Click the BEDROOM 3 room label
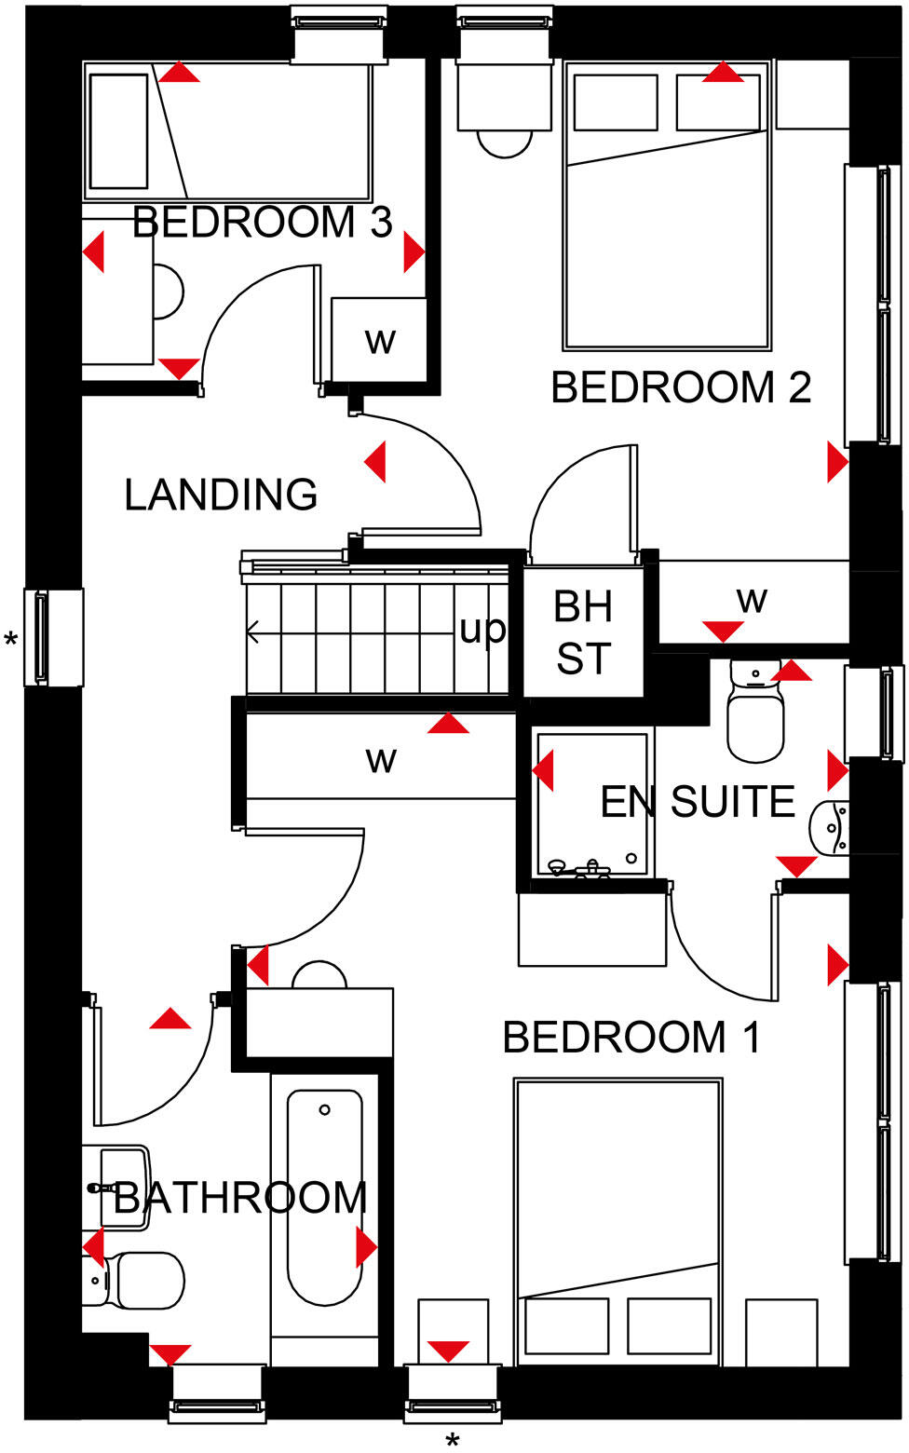point(262,222)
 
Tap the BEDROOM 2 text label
point(681,387)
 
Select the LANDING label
point(221,495)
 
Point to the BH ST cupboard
point(583,633)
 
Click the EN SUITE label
point(698,802)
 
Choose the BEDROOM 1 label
point(631,1037)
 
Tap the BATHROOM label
point(240,1198)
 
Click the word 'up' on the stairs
point(482,630)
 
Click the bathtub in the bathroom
point(324,1197)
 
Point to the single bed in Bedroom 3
point(228,130)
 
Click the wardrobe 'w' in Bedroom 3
point(380,341)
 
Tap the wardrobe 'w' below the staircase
point(381,759)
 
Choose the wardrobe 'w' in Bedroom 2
point(752,600)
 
